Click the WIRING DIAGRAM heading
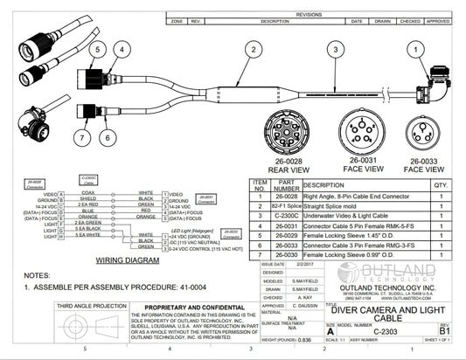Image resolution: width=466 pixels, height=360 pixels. pyautogui.click(x=126, y=260)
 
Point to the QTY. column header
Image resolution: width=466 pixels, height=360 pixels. pyautogui.click(x=440, y=185)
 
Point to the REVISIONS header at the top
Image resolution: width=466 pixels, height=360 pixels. pyautogui.click(x=309, y=15)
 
